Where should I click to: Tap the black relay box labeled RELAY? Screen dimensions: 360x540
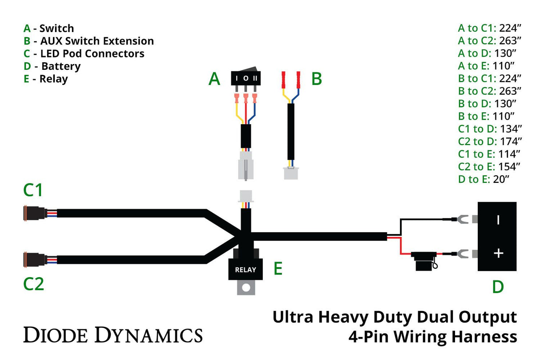[245, 269]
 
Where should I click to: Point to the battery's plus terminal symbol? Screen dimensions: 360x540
[499, 253]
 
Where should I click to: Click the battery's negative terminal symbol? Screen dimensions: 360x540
[499, 219]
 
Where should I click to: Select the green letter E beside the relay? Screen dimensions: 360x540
[278, 268]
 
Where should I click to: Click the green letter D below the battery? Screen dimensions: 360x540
[498, 287]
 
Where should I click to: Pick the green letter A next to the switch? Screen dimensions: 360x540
[214, 79]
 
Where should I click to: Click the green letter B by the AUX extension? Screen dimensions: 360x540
[316, 79]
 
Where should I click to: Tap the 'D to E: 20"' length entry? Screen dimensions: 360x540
[484, 179]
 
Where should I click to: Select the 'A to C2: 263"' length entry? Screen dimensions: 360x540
[489, 40]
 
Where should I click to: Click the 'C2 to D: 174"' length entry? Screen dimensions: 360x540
[489, 142]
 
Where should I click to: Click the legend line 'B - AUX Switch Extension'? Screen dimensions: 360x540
[89, 41]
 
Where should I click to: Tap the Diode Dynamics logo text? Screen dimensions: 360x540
[113, 335]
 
